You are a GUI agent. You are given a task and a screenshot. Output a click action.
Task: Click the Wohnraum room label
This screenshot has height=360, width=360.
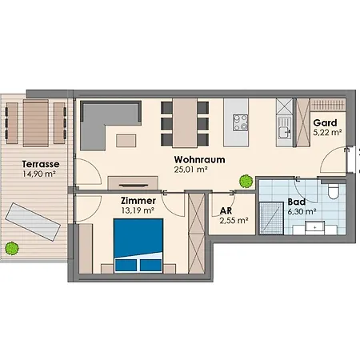(x=199, y=159)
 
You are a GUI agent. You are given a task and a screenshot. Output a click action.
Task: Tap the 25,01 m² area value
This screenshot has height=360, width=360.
(x=191, y=170)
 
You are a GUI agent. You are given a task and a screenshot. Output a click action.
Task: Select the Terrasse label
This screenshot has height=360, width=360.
(x=41, y=164)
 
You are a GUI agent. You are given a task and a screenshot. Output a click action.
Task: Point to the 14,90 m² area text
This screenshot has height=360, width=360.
(x=39, y=174)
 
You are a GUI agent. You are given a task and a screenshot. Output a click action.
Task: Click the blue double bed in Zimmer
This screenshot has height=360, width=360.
(x=138, y=246)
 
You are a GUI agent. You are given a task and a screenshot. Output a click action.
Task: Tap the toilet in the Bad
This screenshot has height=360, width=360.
(x=333, y=191)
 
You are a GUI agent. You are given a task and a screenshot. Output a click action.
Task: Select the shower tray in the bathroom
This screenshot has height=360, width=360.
(x=271, y=218)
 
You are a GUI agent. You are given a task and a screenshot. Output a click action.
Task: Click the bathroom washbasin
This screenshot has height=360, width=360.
(x=315, y=228)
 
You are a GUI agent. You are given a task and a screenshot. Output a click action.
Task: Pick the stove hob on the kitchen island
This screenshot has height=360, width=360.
(x=240, y=122)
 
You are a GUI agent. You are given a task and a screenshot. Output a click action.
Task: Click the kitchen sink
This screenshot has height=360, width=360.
(x=284, y=131)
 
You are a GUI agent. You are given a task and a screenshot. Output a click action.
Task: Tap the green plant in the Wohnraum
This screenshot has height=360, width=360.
(x=246, y=182)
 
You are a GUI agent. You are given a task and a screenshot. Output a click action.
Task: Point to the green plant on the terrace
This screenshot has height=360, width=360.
(x=12, y=248)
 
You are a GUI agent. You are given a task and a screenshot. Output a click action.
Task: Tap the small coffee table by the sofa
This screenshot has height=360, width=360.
(x=126, y=141)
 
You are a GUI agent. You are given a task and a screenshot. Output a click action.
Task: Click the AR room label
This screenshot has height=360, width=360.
(x=226, y=211)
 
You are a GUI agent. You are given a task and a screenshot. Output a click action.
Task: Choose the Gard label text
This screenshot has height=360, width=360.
(x=325, y=123)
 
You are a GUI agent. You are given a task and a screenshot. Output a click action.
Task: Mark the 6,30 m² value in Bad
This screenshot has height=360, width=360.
(x=302, y=212)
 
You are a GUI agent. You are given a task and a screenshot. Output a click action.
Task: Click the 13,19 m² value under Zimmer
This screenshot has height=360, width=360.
(x=138, y=210)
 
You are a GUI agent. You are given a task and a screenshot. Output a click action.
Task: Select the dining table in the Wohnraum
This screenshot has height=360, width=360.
(x=185, y=122)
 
